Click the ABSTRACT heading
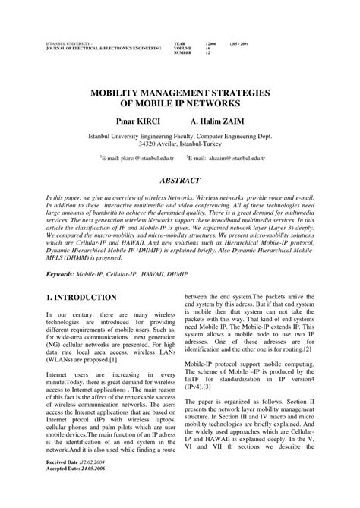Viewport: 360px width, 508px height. coord(179,181)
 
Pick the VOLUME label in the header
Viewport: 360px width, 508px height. coord(183,48)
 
